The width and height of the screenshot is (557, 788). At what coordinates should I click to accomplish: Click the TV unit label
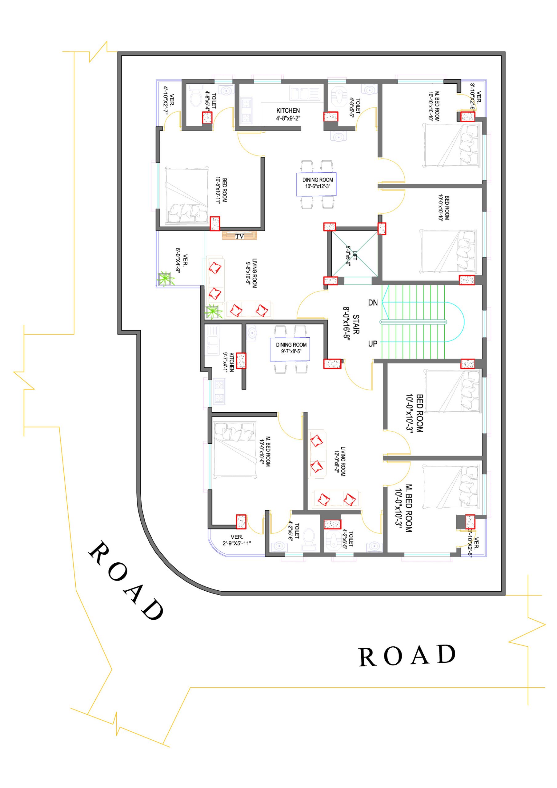239,236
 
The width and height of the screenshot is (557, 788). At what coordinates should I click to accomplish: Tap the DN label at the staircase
373,303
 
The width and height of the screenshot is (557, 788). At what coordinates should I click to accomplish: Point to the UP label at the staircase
373,344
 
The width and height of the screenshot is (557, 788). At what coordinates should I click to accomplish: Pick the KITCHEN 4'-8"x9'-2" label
288,114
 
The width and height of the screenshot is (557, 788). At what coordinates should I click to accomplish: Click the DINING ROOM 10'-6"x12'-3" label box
316,184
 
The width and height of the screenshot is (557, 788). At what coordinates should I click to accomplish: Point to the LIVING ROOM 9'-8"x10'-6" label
251,273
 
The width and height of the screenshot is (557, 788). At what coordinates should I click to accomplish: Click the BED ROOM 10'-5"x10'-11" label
221,190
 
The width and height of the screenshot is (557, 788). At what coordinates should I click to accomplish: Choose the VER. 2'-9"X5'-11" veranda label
237,540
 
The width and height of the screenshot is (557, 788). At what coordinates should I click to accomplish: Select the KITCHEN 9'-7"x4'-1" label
229,362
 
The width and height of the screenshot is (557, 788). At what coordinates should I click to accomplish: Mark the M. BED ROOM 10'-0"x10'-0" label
265,452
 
